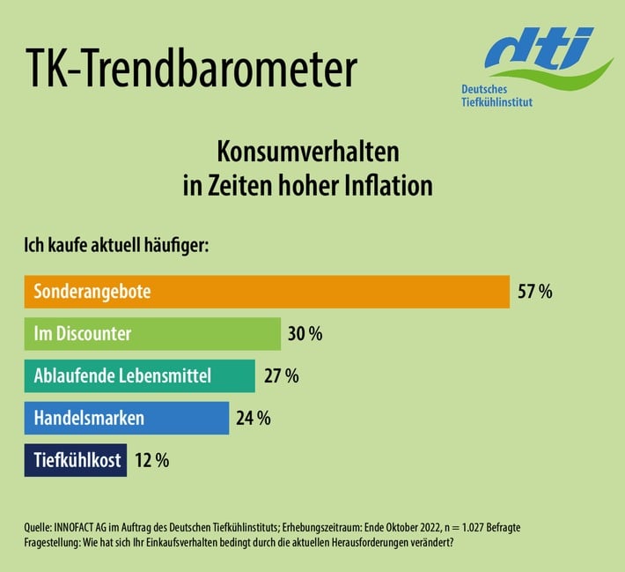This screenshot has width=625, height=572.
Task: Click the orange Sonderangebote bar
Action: click(x=267, y=292)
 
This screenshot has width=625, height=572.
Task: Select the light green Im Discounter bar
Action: click(x=151, y=334)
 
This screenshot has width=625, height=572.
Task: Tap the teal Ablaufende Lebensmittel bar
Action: click(x=139, y=376)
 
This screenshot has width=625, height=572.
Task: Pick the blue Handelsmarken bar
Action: click(x=126, y=418)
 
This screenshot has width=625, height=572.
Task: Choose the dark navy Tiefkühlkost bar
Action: click(x=75, y=459)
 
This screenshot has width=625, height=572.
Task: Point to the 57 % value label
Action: click(x=534, y=292)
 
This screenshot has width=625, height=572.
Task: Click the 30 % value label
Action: click(x=305, y=334)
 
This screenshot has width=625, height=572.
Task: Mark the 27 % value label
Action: click(x=281, y=376)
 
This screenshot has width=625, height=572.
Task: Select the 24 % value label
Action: click(x=254, y=418)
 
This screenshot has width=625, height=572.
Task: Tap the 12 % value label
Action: click(x=151, y=459)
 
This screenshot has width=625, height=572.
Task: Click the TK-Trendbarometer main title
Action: click(x=190, y=69)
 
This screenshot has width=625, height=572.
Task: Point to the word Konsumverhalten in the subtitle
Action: click(x=308, y=152)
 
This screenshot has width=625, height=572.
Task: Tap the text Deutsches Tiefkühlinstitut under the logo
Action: click(x=496, y=96)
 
